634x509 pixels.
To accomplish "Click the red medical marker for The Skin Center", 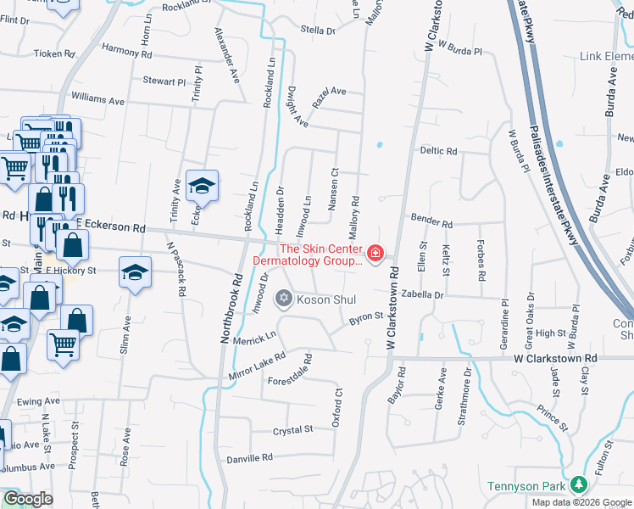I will tap(375, 254).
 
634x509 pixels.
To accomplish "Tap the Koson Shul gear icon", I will tap(284, 298).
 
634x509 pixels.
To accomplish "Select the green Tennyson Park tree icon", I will tap(580, 484).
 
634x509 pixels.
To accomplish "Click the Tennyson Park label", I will tap(526, 486).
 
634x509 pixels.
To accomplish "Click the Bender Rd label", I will tap(431, 221).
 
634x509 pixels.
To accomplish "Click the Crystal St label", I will tap(293, 431).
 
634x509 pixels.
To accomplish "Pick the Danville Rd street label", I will tap(250, 457).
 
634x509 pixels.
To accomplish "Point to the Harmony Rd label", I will tap(126, 52).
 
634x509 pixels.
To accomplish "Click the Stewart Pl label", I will tap(164, 81).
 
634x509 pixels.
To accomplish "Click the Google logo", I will tap(28, 499).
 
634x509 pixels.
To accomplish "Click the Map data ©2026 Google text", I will tap(581, 502).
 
